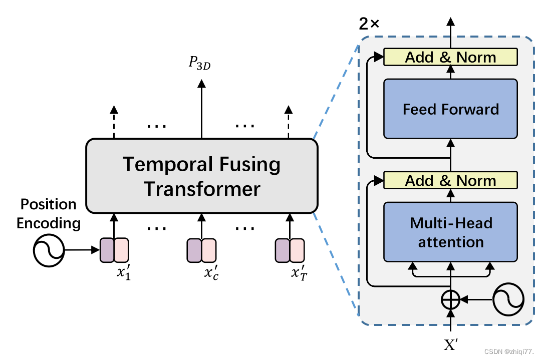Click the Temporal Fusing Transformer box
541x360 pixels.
(x=201, y=176)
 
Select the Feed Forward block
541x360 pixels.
(x=450, y=109)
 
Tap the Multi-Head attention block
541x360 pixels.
(x=450, y=232)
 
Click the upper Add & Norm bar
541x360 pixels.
(x=450, y=57)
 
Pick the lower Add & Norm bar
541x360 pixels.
(x=450, y=180)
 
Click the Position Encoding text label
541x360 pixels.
(x=48, y=213)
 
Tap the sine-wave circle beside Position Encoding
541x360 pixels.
(x=49, y=250)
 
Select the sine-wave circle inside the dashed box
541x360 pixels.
(x=508, y=299)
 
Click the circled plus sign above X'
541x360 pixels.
(x=450, y=300)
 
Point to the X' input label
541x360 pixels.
(x=450, y=344)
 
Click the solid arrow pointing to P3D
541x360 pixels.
(x=201, y=108)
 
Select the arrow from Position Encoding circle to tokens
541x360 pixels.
(x=83, y=250)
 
